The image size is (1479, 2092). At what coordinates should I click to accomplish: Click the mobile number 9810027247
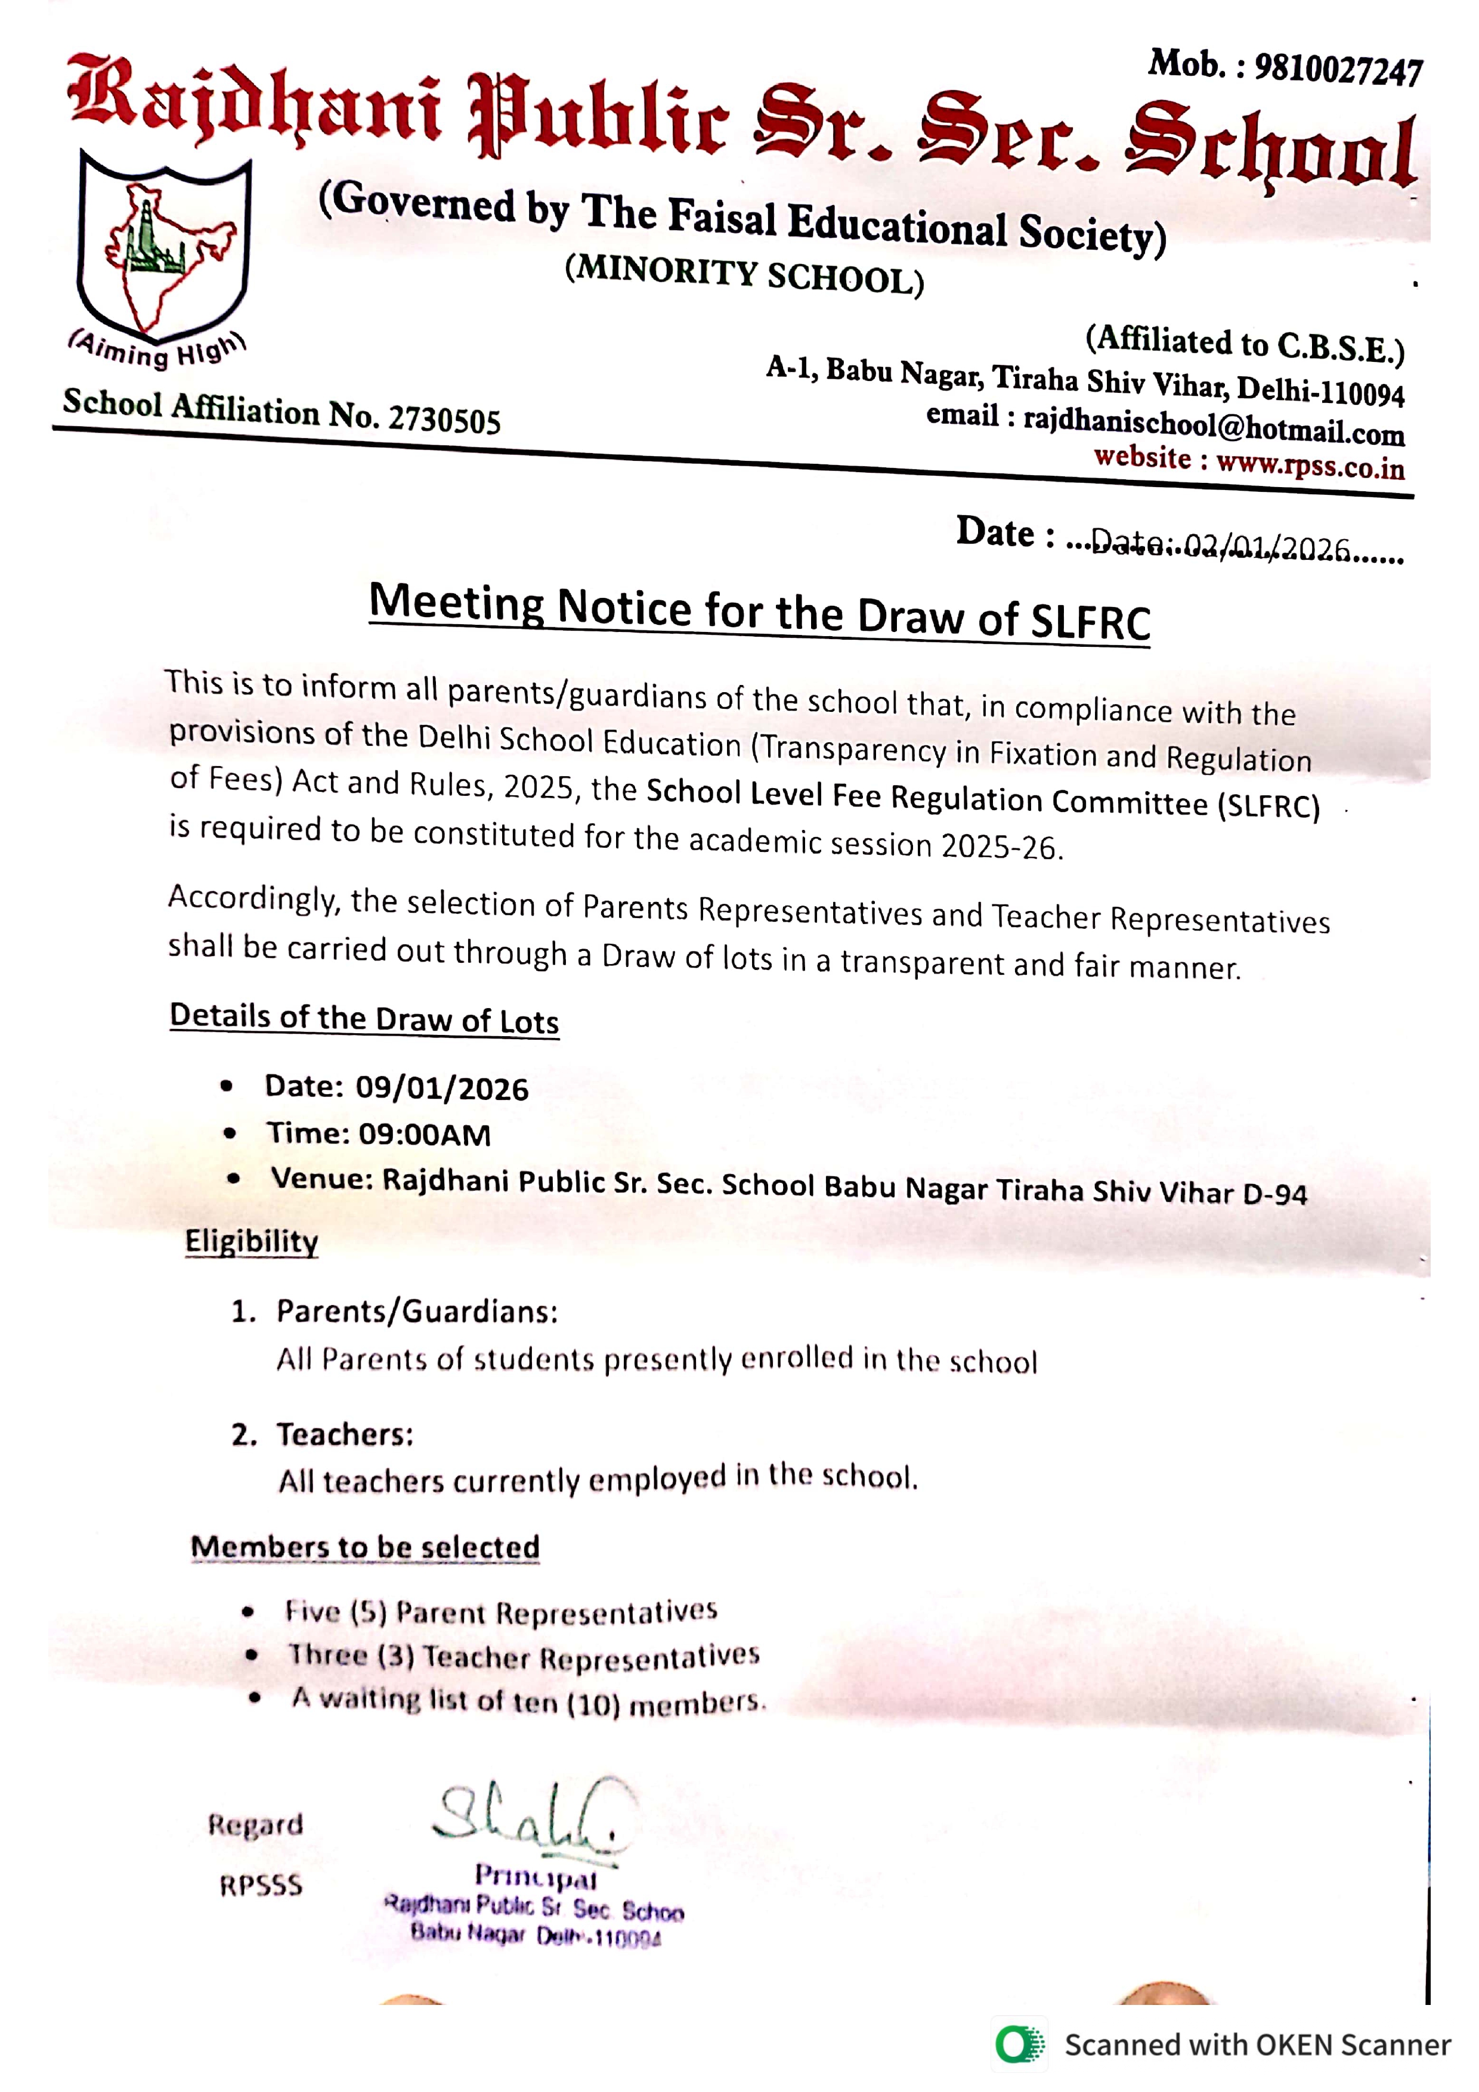click(x=1338, y=69)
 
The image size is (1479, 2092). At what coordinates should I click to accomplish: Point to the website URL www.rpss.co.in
click(x=1310, y=466)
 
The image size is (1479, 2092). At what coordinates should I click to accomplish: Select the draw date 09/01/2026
click(x=442, y=1089)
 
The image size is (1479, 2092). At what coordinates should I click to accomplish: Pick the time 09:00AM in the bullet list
click(x=425, y=1135)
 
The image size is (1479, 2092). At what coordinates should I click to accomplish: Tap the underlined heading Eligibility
click(x=252, y=1241)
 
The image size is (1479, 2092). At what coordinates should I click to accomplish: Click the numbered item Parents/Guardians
click(x=416, y=1311)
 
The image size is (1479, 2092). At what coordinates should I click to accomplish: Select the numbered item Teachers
click(x=345, y=1434)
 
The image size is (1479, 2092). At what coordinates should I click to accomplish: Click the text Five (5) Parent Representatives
click(x=501, y=1612)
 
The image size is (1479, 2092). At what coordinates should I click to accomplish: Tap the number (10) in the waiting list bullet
click(x=592, y=1703)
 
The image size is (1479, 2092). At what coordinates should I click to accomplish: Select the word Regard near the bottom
click(x=255, y=1824)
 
